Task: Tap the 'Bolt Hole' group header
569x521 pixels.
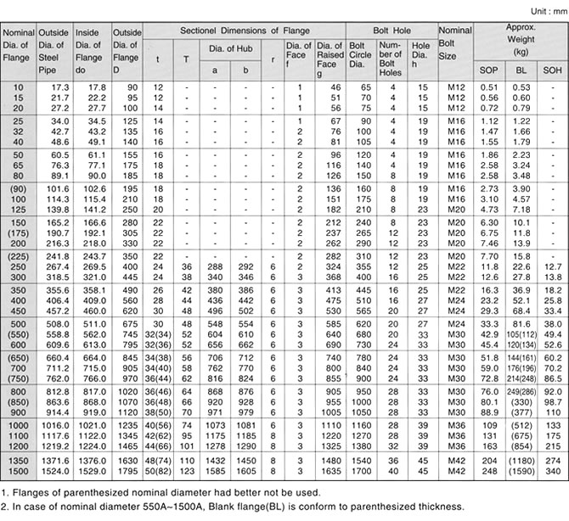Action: coord(391,30)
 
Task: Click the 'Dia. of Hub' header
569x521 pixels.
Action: coord(229,49)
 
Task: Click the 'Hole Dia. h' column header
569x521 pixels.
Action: coord(421,56)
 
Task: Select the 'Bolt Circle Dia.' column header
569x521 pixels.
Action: coord(362,56)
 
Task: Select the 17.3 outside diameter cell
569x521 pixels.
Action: coord(59,87)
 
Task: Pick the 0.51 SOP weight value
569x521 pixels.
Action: coord(489,87)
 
